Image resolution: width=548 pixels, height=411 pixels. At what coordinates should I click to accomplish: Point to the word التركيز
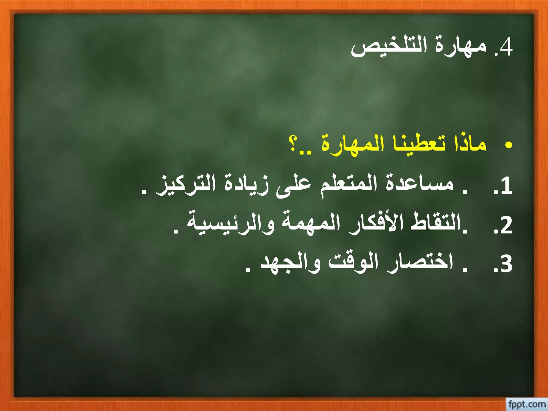point(186,185)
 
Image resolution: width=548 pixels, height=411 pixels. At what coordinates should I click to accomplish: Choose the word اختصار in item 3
point(420,262)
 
